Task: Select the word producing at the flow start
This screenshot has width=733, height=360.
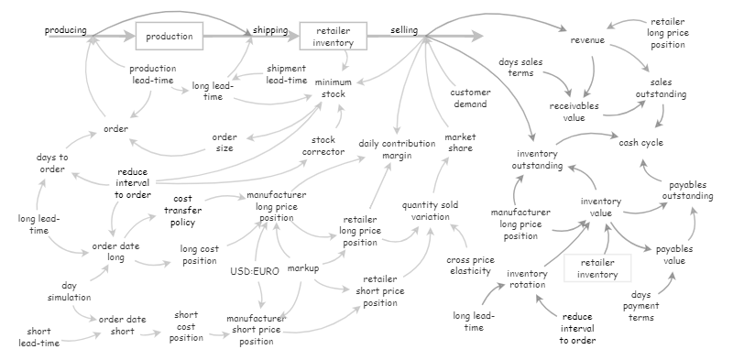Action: pyautogui.click(x=66, y=31)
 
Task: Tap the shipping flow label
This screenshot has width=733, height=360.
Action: pyautogui.click(x=270, y=31)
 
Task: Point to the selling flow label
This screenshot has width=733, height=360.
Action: pyautogui.click(x=405, y=31)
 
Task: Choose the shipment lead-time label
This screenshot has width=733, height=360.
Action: pyautogui.click(x=286, y=74)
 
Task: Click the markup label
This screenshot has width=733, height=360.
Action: pyautogui.click(x=303, y=269)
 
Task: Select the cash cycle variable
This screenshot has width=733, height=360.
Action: pyautogui.click(x=640, y=143)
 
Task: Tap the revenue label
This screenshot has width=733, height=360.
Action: pyautogui.click(x=589, y=41)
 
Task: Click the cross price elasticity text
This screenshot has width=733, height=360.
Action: pyautogui.click(x=470, y=265)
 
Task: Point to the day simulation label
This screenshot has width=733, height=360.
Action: pyautogui.click(x=70, y=290)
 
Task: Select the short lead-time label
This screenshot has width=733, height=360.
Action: pyautogui.click(x=38, y=337)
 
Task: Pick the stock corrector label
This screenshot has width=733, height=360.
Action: pyautogui.click(x=323, y=145)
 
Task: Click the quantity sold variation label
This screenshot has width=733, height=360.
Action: pyautogui.click(x=432, y=210)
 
